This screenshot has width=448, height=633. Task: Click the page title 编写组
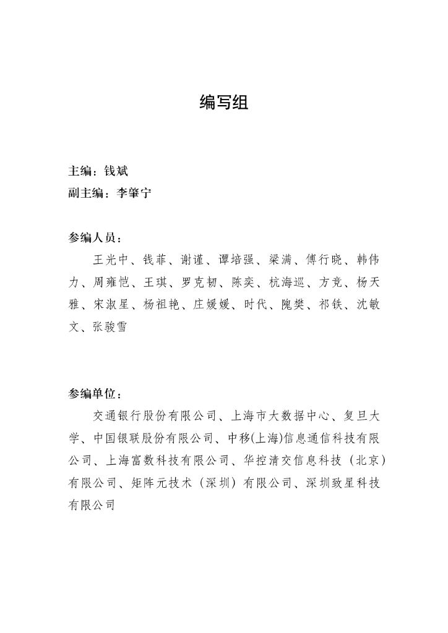coord(223,103)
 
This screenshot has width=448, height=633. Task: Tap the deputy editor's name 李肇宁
coord(134,193)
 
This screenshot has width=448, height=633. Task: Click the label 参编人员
coord(93,238)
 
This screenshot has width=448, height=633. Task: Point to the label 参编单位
coord(93,394)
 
